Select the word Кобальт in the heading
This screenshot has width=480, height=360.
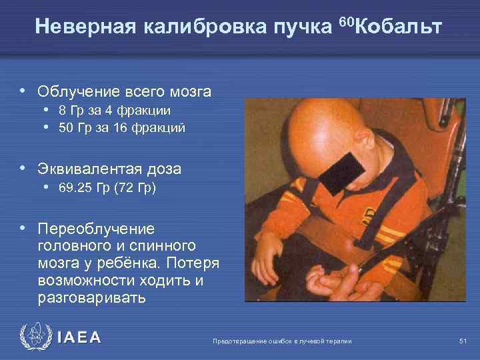pyautogui.click(x=399, y=27)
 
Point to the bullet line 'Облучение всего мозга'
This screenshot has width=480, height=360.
pyautogui.click(x=124, y=91)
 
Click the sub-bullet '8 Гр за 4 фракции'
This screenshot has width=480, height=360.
pyautogui.click(x=114, y=111)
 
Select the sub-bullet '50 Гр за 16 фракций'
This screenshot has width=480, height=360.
pyautogui.click(x=121, y=127)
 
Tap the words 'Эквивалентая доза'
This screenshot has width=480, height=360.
pyautogui.click(x=109, y=169)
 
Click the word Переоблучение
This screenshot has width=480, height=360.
pyautogui.click(x=96, y=229)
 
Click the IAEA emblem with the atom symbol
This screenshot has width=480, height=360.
pyautogui.click(x=35, y=337)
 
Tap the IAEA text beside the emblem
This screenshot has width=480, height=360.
pyautogui.click(x=79, y=338)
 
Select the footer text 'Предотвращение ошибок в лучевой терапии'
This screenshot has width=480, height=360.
pyautogui.click(x=281, y=341)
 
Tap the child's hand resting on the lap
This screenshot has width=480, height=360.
pyautogui.click(x=267, y=253)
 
